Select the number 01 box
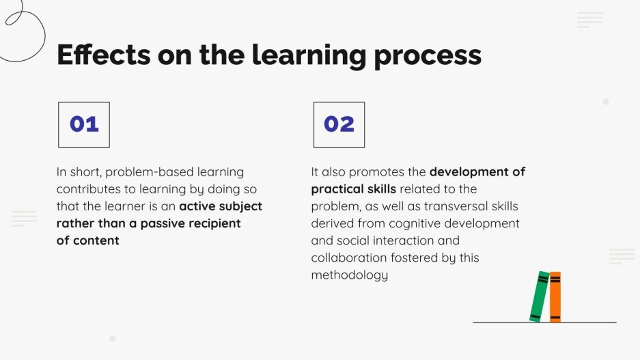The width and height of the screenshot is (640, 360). tap(84, 124)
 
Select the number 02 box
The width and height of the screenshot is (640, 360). tap(339, 124)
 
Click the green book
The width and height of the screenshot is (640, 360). tap(540, 296)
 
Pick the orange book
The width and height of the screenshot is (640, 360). tap(555, 296)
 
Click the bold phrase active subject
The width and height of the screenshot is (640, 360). tap(221, 206)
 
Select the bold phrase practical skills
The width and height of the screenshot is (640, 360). tap(353, 189)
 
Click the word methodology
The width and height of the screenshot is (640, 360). tap(350, 275)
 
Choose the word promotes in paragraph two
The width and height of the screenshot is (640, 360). tap(398, 172)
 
